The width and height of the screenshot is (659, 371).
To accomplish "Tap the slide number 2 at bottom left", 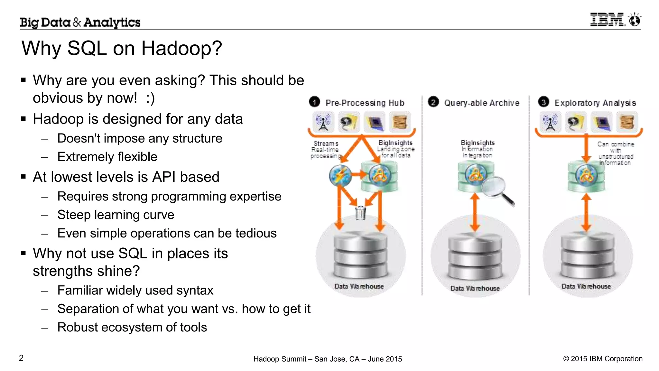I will [21, 358].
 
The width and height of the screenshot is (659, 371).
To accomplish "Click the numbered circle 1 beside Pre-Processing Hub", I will [314, 102].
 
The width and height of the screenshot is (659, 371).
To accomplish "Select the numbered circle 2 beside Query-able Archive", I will [433, 102].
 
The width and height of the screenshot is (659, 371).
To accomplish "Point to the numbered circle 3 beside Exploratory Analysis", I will [543, 102].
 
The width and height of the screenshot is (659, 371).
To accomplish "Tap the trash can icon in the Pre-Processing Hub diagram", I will [360, 213].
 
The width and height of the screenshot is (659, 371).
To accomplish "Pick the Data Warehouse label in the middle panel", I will [475, 288].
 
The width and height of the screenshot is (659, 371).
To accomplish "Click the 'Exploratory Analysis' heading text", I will [595, 103].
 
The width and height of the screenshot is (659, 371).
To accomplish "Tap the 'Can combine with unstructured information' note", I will [616, 153].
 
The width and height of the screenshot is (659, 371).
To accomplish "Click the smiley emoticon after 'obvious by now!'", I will [150, 98].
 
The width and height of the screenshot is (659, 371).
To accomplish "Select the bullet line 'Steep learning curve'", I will [116, 215].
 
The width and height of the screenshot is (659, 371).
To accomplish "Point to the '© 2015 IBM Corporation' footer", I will [603, 359].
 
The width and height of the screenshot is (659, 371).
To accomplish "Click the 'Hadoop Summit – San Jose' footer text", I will [327, 359].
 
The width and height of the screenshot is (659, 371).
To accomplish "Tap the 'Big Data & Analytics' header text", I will [80, 22].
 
